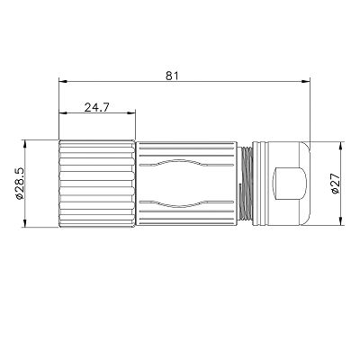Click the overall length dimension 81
[x=172, y=76]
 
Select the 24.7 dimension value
[x=97, y=107]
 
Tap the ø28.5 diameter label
[x=19, y=184]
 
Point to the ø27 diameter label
[x=335, y=184]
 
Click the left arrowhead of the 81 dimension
[x=63, y=81]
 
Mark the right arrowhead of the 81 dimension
[x=306, y=81]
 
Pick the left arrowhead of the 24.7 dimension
[x=63, y=113]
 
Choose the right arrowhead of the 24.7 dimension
[x=131, y=113]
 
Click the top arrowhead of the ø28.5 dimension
[x=25, y=145]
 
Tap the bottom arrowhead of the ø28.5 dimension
[x=25, y=222]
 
